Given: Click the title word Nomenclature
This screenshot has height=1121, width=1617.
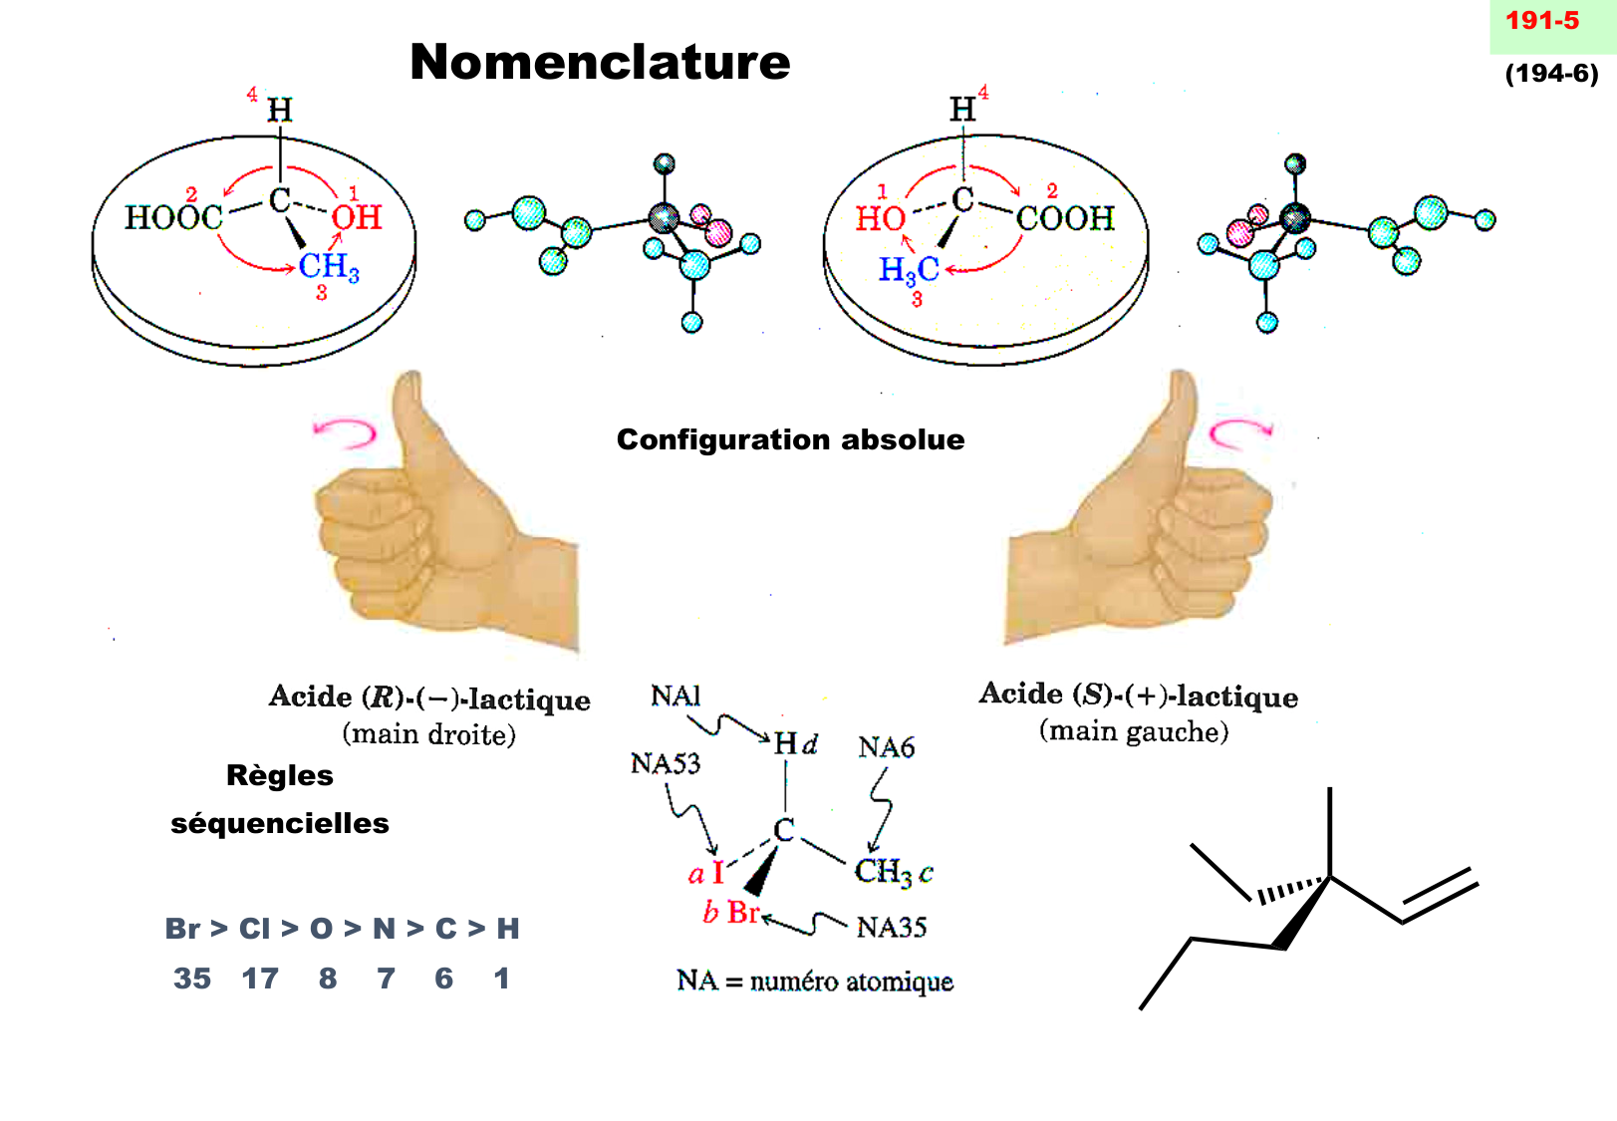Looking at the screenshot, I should (600, 62).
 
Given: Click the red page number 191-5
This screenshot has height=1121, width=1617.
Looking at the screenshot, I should (1541, 21).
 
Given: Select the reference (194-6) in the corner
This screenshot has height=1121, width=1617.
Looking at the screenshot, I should (1551, 74).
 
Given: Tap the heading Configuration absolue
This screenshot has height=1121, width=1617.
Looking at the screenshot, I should (790, 439).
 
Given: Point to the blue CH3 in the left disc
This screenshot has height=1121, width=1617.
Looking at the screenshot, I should (328, 267).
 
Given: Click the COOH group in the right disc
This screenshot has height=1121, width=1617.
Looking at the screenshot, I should (1064, 218).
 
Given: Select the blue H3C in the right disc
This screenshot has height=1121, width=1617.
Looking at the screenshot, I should (908, 269).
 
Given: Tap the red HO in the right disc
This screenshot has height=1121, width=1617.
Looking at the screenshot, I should (880, 218).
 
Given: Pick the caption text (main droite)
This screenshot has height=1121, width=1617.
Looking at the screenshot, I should (429, 735).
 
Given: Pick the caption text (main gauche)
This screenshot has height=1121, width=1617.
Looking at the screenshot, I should (1134, 732).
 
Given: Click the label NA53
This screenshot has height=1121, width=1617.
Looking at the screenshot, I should (665, 764).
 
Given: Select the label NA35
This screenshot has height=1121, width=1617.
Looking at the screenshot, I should (891, 928).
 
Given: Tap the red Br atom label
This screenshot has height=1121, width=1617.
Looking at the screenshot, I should (743, 912).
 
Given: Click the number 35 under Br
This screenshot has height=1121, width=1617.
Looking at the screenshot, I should (192, 979).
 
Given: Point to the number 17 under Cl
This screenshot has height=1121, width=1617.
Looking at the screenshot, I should (260, 979).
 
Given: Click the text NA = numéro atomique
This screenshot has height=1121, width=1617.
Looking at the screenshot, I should (814, 981).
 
